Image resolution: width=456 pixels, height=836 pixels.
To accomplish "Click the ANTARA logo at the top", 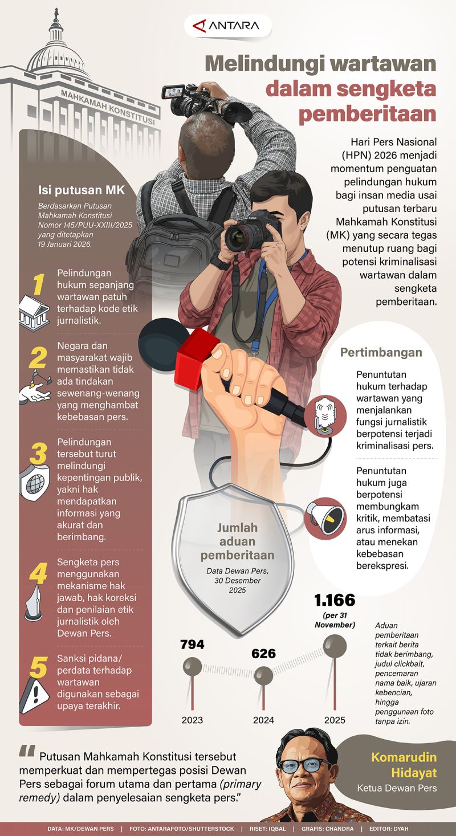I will click(227, 26).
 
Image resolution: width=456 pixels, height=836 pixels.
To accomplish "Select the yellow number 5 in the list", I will click(38, 668).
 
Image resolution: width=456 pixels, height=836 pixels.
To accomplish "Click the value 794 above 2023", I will click(192, 645).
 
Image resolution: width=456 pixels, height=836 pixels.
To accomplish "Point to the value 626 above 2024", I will click(263, 654).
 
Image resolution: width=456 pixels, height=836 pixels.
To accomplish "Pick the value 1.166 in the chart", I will click(335, 600).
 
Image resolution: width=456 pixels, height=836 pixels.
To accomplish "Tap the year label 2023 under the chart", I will click(192, 720).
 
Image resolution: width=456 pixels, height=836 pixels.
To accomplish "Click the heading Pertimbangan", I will click(381, 352).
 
